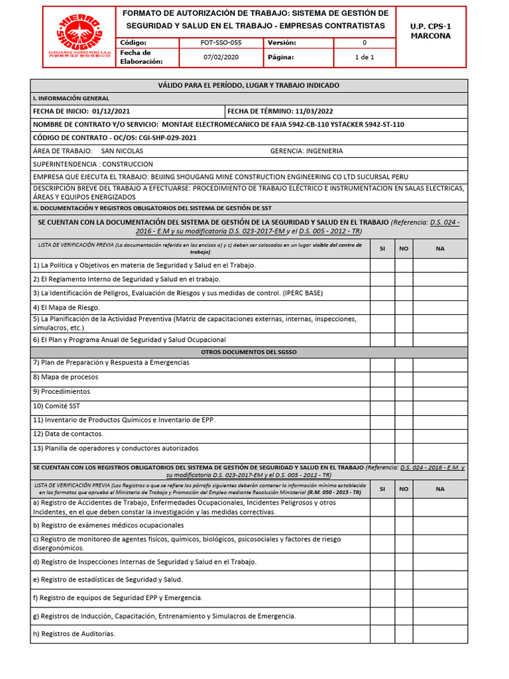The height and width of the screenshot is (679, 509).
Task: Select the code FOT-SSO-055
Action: click(x=221, y=42)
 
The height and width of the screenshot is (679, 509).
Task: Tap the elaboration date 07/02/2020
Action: click(x=221, y=57)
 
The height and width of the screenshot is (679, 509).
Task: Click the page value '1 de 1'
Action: click(x=365, y=57)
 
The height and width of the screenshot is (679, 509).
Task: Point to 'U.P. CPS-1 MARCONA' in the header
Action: click(x=430, y=31)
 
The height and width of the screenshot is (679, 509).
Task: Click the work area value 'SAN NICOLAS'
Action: click(x=122, y=151)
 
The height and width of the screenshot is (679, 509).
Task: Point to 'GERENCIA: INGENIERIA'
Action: click(x=306, y=151)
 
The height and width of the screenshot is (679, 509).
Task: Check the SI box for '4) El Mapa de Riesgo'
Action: click(x=382, y=308)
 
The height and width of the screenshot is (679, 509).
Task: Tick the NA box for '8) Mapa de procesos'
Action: click(x=440, y=377)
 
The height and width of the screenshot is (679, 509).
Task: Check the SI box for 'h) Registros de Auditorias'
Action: click(x=382, y=634)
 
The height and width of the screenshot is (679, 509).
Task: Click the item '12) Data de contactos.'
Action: click(x=68, y=434)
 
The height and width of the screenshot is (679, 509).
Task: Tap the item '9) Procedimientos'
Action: click(x=66, y=391)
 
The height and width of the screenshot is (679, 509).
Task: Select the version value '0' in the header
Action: click(x=365, y=42)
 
